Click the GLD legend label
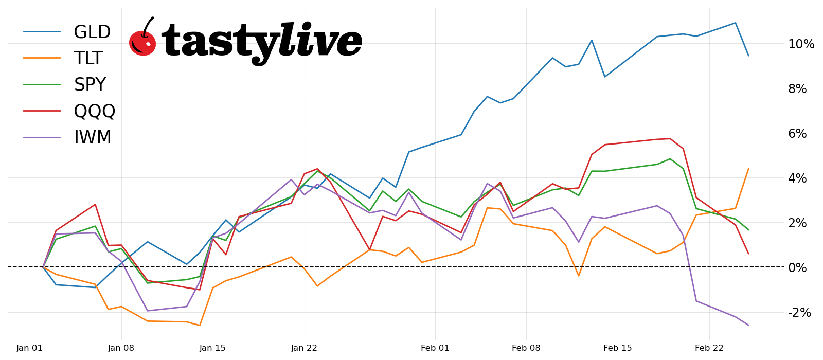tap(92, 32)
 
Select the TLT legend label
tap(88, 59)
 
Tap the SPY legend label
tap(90, 85)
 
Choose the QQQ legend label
tap(95, 111)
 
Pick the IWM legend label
tap(93, 138)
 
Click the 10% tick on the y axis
tap(801, 44)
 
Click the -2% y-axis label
tap(799, 312)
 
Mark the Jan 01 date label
tap(30, 348)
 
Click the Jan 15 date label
tap(212, 348)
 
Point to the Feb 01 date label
tap(435, 348)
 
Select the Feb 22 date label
tap(709, 348)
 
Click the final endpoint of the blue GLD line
tap(748, 56)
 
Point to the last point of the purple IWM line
tap(748, 325)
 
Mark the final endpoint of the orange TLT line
tap(748, 169)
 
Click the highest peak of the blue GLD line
tap(736, 23)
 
